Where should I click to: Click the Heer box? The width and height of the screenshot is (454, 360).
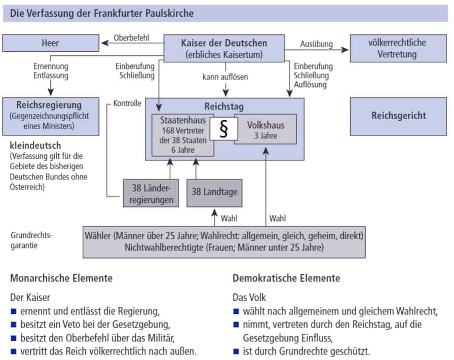point(51,43)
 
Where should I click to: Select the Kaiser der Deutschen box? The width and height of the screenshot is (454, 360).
point(224,48)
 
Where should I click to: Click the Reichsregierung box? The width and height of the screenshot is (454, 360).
point(51,116)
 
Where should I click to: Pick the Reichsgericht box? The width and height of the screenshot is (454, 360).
point(398,116)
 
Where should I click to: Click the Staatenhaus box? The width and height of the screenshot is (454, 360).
point(182,135)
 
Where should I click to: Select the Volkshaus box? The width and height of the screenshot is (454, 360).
point(266,130)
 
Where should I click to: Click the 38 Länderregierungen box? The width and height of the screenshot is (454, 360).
point(152,193)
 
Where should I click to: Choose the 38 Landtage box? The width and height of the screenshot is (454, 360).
point(214,193)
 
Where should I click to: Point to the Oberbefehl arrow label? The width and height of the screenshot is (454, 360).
point(131,38)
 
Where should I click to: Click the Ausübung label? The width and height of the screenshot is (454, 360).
point(316,44)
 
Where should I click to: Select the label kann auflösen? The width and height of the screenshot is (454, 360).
point(224,78)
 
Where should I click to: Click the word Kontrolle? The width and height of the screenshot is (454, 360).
point(127,103)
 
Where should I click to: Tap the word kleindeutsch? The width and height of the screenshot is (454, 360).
point(35,146)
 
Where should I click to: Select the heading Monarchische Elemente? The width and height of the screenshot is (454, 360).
point(61,278)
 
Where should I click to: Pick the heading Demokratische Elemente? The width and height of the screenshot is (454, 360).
point(286,278)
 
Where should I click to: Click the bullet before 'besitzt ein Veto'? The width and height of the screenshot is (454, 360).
point(13,324)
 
